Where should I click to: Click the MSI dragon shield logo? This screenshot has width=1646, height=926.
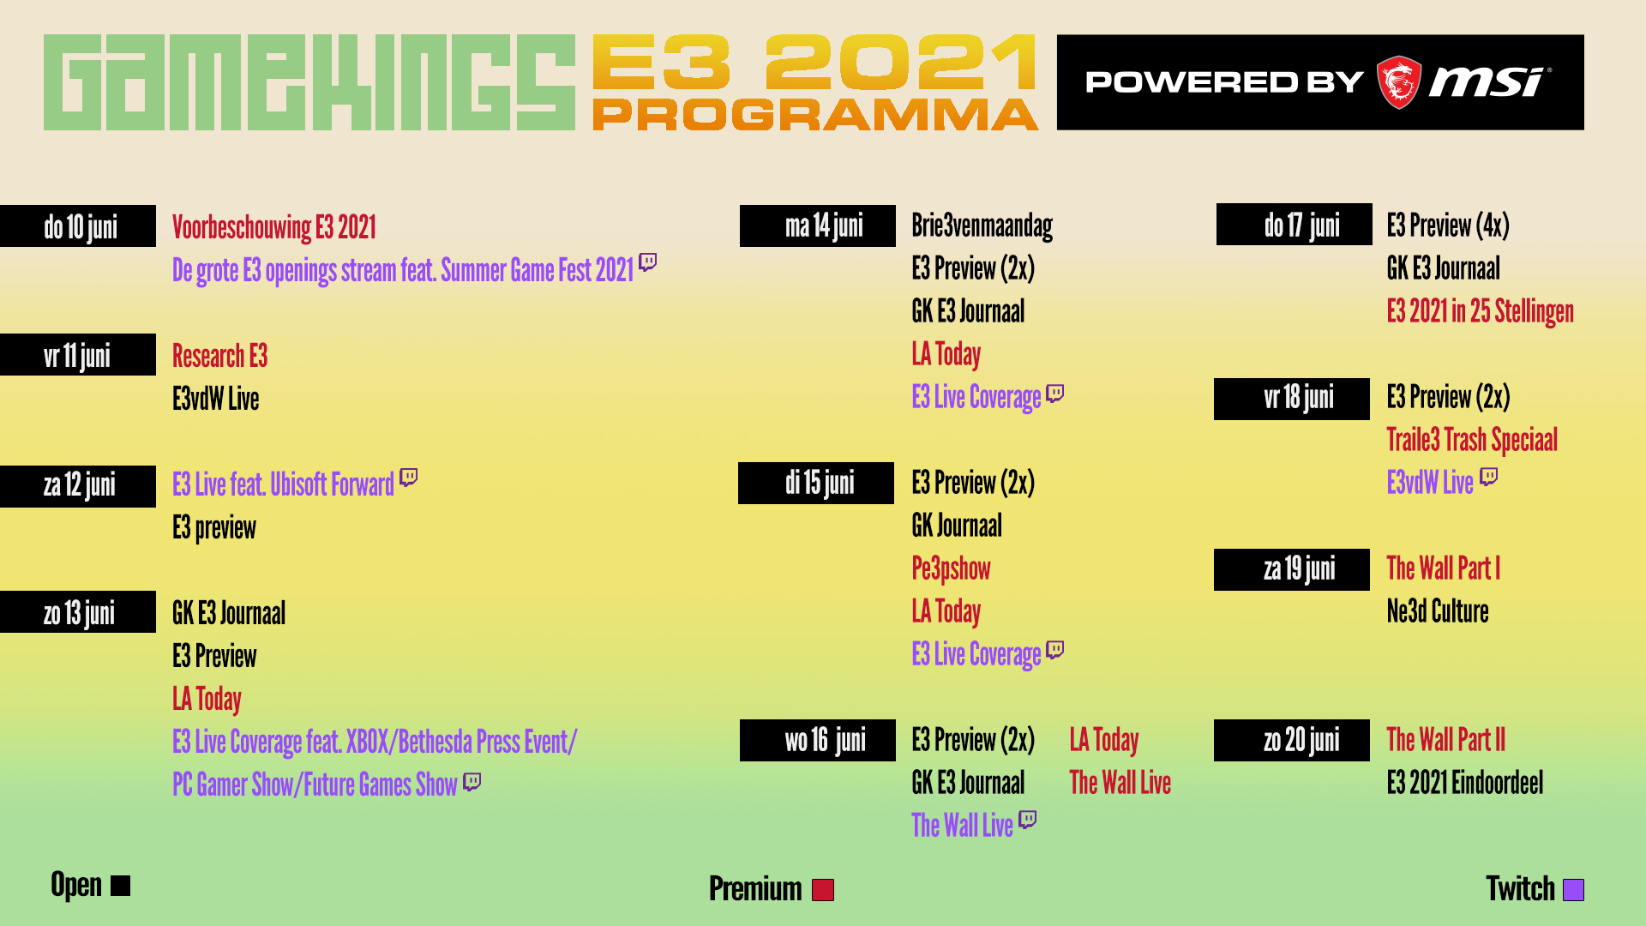[1398, 82]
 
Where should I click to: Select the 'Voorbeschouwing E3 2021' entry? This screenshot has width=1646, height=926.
[274, 227]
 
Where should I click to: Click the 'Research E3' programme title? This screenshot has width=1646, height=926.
[220, 356]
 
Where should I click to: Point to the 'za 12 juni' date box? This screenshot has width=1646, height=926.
[78, 486]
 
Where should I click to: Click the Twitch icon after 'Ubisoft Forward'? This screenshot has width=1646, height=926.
[409, 477]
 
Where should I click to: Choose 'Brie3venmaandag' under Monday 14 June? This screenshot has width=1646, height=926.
[982, 225]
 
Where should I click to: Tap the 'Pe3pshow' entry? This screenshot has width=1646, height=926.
[952, 568]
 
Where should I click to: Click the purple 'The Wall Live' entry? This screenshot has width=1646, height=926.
[962, 825]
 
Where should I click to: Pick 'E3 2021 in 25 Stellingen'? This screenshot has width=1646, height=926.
[1481, 311]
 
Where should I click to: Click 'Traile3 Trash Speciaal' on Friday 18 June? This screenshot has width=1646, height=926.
[1472, 440]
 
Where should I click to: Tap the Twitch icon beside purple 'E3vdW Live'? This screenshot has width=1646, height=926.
[1489, 477]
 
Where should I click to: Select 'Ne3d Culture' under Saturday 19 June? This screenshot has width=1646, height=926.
[1438, 611]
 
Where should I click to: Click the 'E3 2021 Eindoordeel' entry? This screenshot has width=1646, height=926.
[1465, 783]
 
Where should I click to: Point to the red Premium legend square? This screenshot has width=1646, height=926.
[823, 890]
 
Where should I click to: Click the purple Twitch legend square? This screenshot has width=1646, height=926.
[1573, 890]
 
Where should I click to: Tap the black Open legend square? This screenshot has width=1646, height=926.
[121, 886]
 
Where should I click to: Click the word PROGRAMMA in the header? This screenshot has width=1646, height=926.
[815, 115]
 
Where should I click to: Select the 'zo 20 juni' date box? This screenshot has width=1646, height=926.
[1292, 740]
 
